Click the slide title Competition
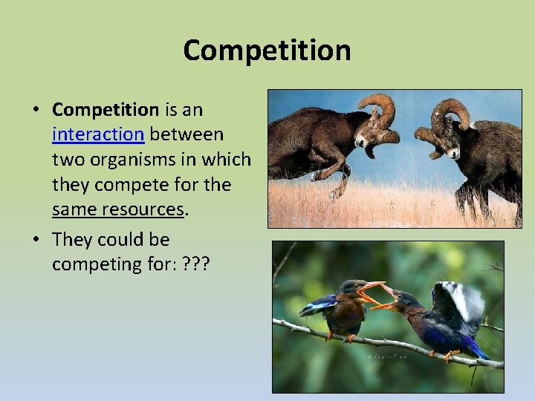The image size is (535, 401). click(267, 50)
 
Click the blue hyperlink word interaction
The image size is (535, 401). click(99, 134)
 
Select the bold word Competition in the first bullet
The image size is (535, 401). click(106, 109)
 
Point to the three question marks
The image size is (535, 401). click(195, 265)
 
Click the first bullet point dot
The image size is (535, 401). click(36, 110)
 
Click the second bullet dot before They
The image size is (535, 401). click(36, 241)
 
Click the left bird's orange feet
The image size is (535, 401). click(338, 336)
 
